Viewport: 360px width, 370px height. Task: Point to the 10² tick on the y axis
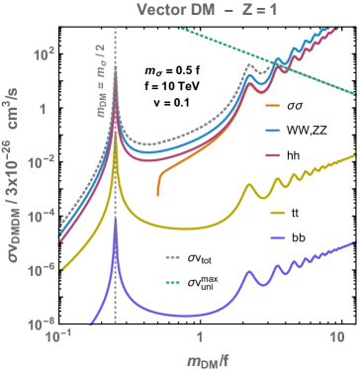38,55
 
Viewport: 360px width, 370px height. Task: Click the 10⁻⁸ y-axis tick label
38,323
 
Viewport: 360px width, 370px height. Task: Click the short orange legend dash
274,104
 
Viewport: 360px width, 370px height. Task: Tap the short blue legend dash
274,130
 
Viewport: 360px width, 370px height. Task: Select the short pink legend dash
274,155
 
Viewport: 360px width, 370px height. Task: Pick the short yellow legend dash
277,213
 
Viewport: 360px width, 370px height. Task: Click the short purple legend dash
277,238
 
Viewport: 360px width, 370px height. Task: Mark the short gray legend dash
173,257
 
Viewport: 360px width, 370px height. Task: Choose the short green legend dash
173,283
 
